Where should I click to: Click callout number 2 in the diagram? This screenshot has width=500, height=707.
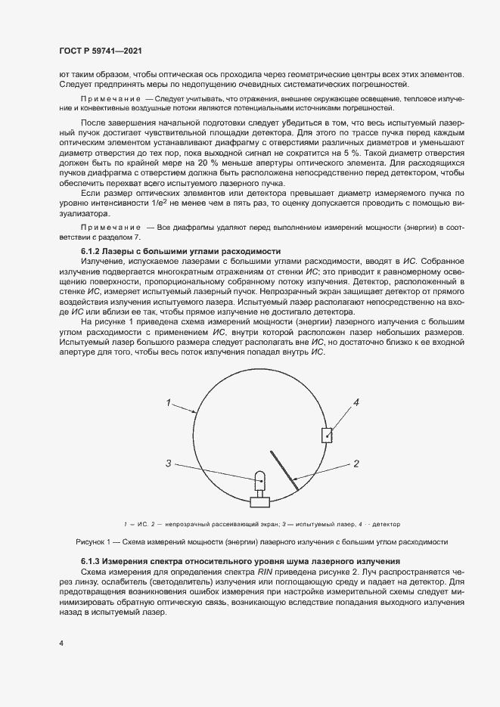coord(355,463)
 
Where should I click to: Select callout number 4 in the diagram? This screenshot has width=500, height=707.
coord(356,403)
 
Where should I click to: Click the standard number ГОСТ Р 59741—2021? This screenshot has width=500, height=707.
coord(101,51)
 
